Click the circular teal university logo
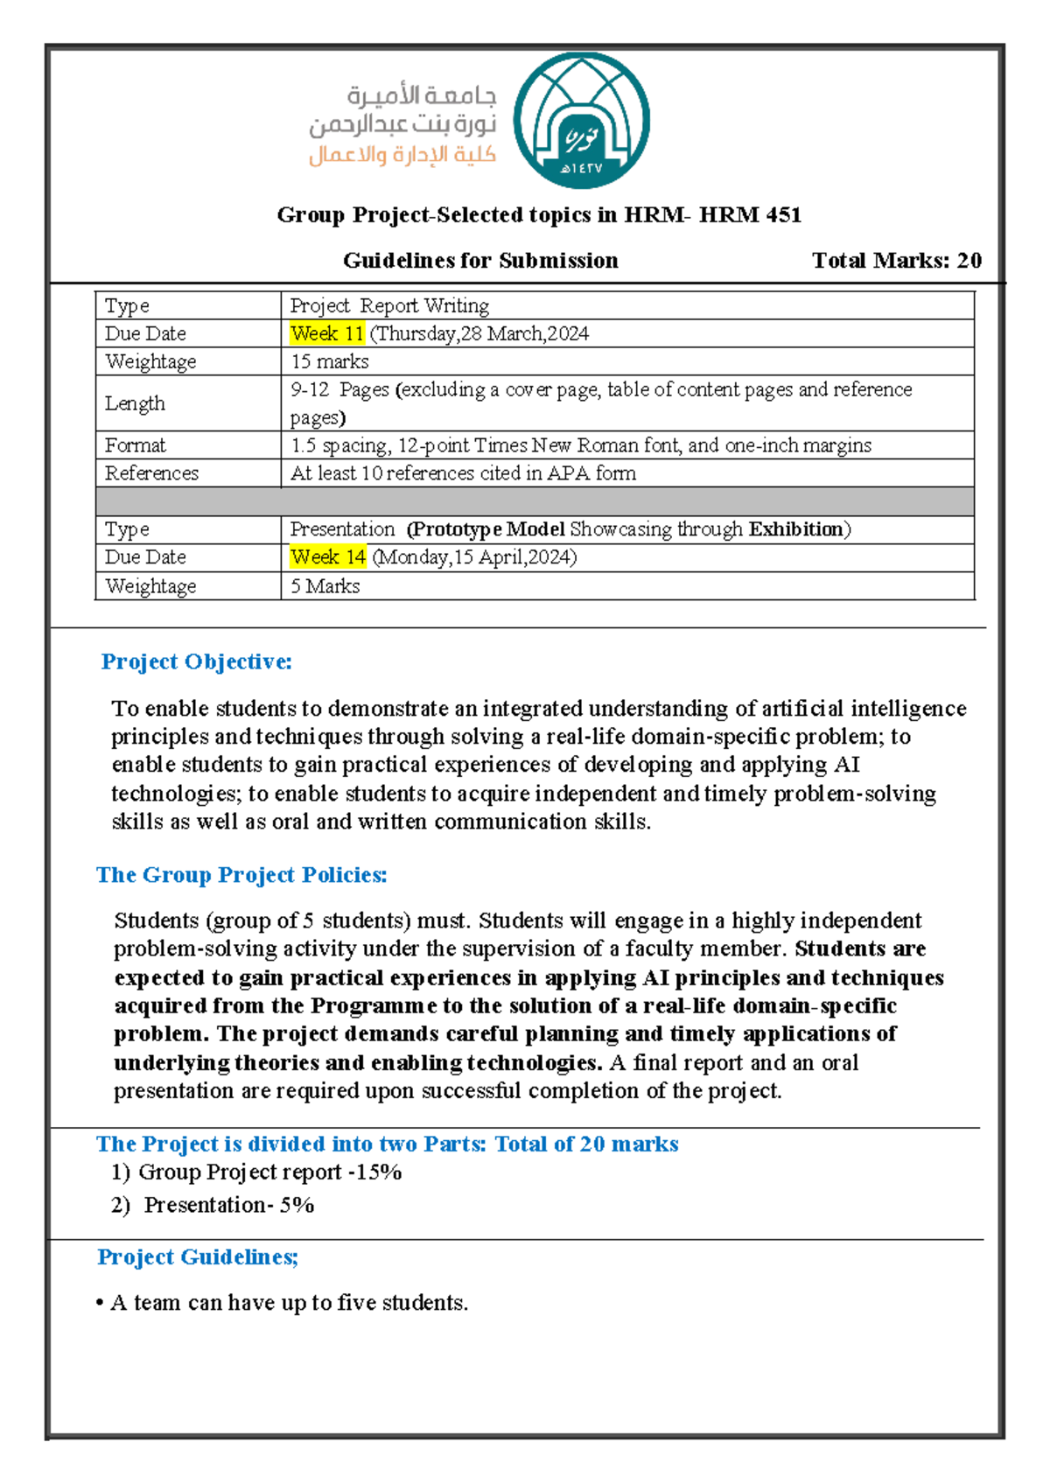(x=581, y=121)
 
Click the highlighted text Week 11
(x=327, y=333)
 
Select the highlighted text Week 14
(x=328, y=557)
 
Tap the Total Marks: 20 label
(x=896, y=261)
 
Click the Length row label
(x=135, y=403)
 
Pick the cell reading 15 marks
(x=330, y=361)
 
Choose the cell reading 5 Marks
(x=325, y=586)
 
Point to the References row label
(x=151, y=473)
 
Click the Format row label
(x=135, y=445)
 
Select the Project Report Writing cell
(x=389, y=305)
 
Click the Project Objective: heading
(x=196, y=661)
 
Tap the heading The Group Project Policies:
(x=241, y=875)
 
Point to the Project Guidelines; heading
(x=198, y=1257)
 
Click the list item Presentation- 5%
(x=228, y=1205)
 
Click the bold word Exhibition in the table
(x=795, y=529)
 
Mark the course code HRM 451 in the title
(x=750, y=215)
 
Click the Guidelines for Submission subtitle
(x=480, y=261)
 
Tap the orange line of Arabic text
(x=402, y=156)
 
